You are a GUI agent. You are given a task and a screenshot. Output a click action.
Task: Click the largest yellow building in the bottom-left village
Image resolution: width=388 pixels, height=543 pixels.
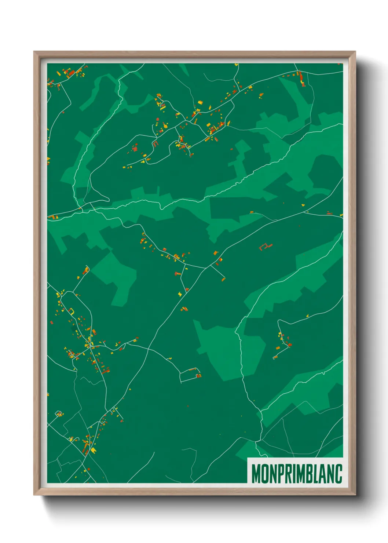click(94, 450)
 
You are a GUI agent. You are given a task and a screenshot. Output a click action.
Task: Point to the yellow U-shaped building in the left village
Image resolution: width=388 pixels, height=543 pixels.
click(72, 311)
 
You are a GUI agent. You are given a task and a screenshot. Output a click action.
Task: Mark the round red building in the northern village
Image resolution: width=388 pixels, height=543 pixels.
click(157, 120)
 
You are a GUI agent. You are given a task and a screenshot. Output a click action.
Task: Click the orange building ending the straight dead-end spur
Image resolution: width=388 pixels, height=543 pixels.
click(223, 279)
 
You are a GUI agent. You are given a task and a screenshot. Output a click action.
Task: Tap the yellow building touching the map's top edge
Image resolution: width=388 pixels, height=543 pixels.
click(236, 65)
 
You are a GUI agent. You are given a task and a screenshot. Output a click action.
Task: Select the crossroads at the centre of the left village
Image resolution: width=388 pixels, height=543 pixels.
click(90, 346)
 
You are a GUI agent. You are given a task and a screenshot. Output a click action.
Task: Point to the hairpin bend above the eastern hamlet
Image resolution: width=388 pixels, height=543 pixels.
click(279, 322)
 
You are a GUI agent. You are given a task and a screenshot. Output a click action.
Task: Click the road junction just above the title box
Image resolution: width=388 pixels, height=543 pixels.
click(260, 440)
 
